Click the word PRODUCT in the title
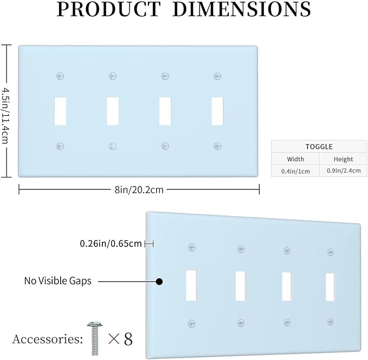108,9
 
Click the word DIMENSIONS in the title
242,9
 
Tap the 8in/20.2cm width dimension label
139,190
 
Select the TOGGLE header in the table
319,147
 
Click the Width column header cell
295,159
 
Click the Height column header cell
343,159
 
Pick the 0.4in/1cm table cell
295,171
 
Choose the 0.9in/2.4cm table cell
344,171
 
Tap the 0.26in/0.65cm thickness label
111,244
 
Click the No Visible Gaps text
58,281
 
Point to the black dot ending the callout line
159,282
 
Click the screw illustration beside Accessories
95,338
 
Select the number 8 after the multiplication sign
128,339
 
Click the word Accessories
47,339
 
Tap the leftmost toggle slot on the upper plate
60,111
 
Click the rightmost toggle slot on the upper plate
217,111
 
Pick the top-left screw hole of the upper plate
60,76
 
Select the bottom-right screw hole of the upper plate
217,146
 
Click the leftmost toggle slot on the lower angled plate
191,285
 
